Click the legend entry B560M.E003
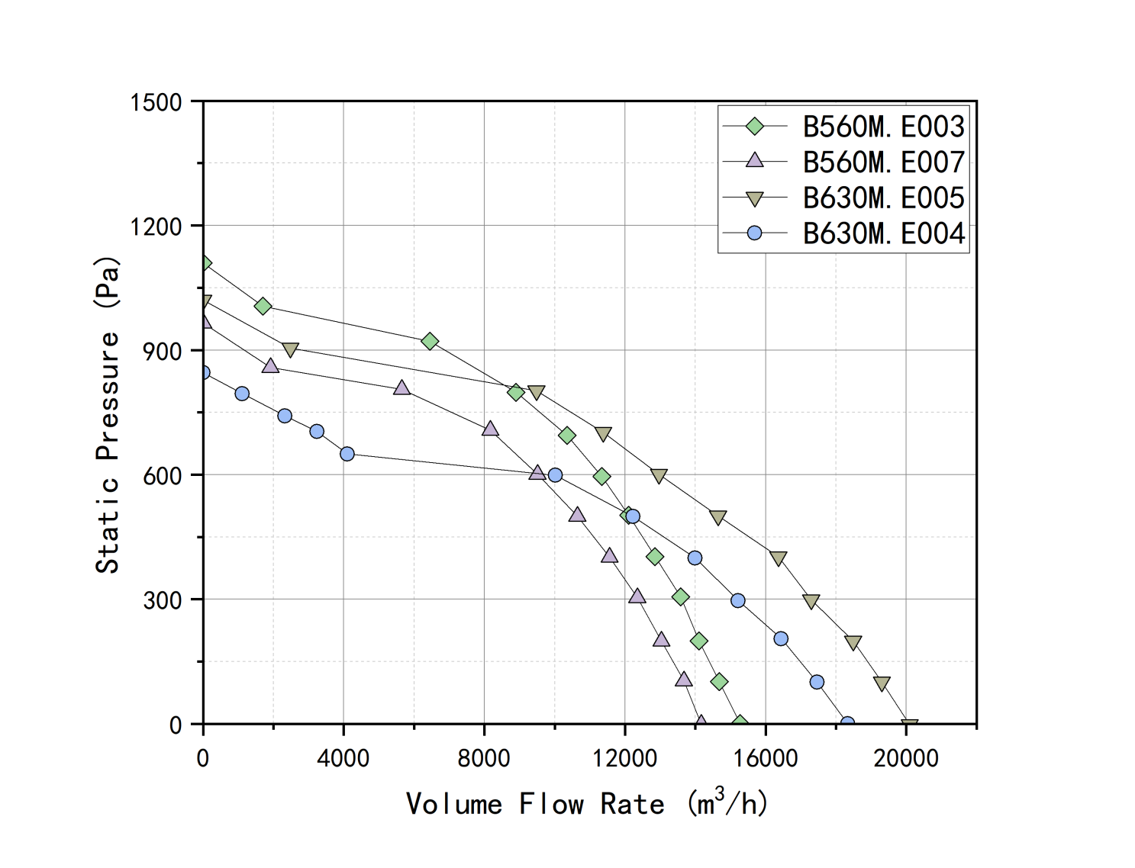pyautogui.click(x=883, y=127)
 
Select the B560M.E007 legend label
pyautogui.click(x=883, y=162)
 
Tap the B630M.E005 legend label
pyautogui.click(x=883, y=198)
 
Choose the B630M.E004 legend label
pyautogui.click(x=883, y=233)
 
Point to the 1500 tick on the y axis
pyautogui.click(x=156, y=102)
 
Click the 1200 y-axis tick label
pyautogui.click(x=156, y=227)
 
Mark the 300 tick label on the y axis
pyautogui.click(x=162, y=600)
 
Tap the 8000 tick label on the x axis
pyautogui.click(x=484, y=758)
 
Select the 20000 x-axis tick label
pyautogui.click(x=906, y=758)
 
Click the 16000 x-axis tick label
pyautogui.click(x=766, y=758)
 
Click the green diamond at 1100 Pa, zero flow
pyautogui.click(x=204, y=263)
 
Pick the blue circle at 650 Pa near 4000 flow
pyautogui.click(x=347, y=454)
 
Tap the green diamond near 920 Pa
pyautogui.click(x=430, y=341)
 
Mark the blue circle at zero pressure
pyautogui.click(x=847, y=722)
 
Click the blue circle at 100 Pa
pyautogui.click(x=817, y=682)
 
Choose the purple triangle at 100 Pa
pyautogui.click(x=684, y=679)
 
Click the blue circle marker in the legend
pyautogui.click(x=754, y=233)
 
